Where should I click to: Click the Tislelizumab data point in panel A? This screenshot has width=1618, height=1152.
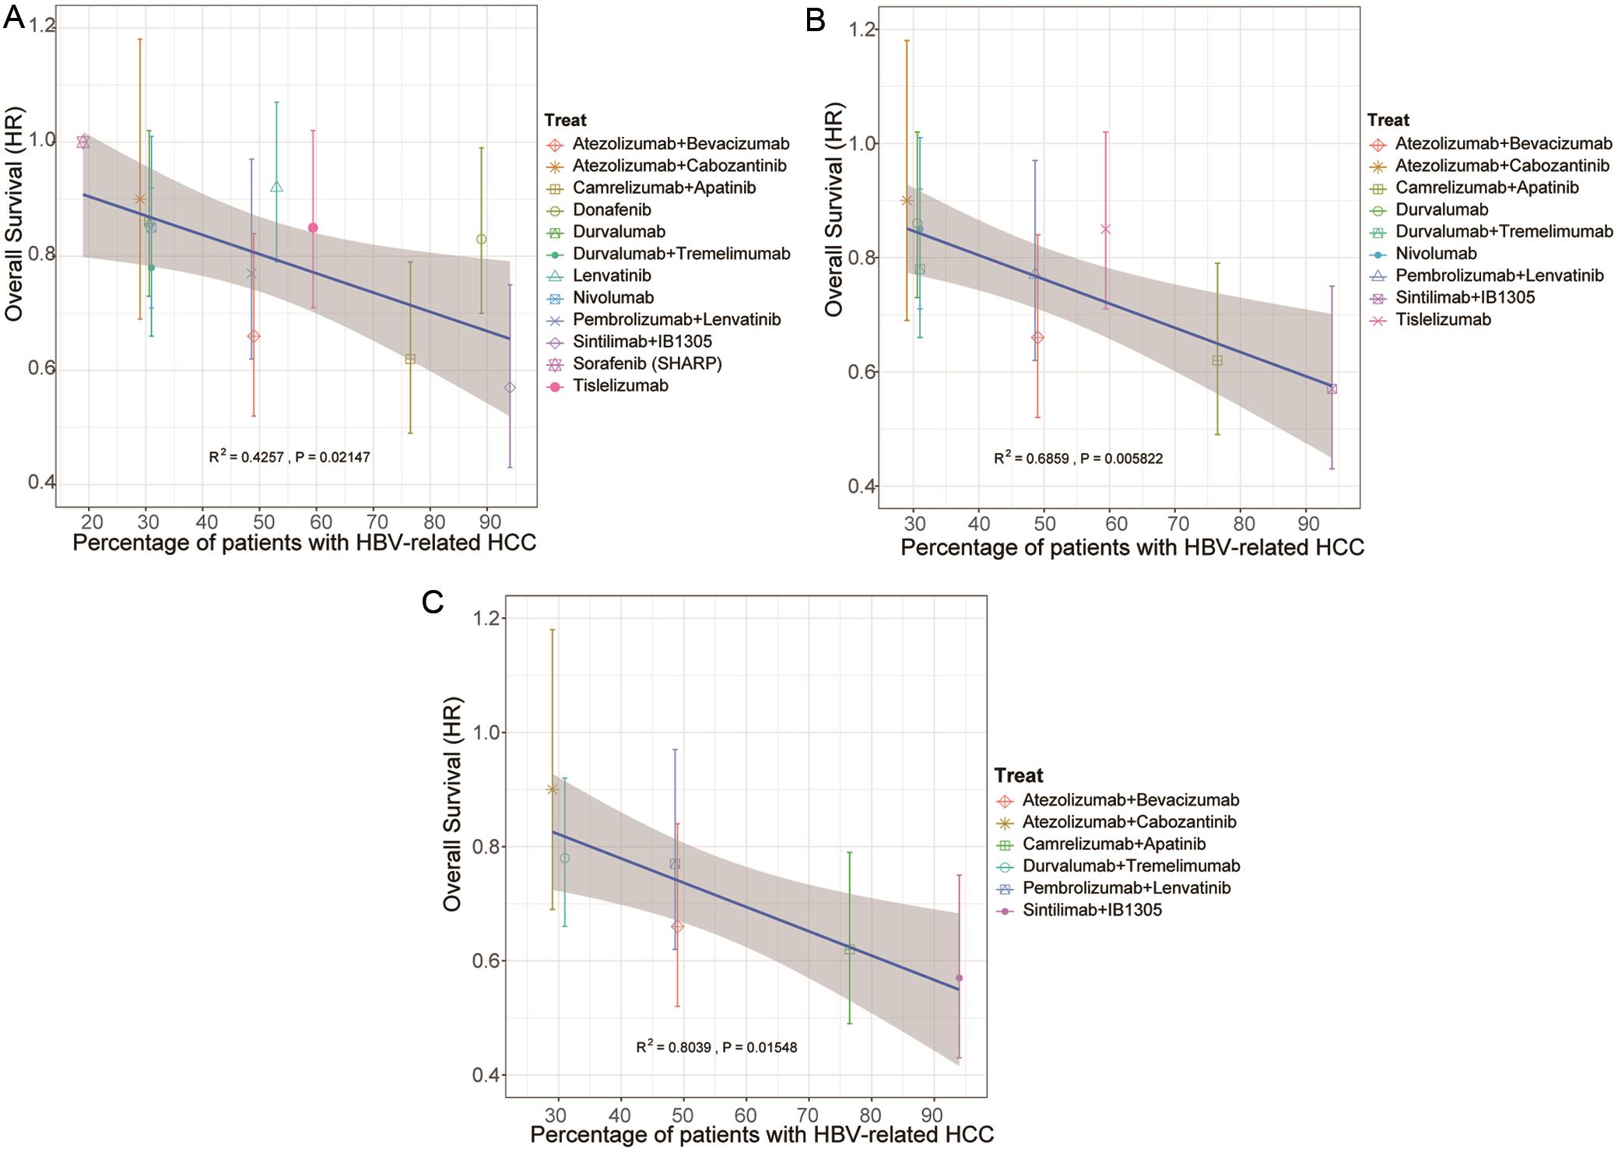point(313,227)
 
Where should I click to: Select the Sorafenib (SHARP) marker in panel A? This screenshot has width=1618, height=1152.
point(83,142)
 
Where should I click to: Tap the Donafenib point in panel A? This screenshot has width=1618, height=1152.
point(482,239)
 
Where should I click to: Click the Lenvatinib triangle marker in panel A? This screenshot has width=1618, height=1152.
point(276,187)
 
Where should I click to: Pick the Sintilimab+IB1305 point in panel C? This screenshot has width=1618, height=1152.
point(959,978)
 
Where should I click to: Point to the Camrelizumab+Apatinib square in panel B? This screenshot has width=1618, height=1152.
point(1217,360)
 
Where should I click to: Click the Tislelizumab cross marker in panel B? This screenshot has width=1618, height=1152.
point(1105,229)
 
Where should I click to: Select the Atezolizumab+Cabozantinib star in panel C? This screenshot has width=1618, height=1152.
point(553,789)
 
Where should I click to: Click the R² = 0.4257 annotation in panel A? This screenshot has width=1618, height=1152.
point(290,457)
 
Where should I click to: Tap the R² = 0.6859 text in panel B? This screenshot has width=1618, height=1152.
point(1078,458)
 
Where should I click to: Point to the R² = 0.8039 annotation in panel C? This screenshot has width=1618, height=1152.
point(717,1047)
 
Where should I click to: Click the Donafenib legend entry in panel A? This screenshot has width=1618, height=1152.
point(612,209)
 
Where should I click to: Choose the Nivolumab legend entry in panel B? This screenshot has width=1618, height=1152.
point(1436,253)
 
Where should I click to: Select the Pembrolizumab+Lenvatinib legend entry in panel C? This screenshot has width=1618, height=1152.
point(1127,887)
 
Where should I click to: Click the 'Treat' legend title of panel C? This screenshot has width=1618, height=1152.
point(1019,775)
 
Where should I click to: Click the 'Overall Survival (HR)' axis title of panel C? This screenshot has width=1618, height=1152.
point(454,803)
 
